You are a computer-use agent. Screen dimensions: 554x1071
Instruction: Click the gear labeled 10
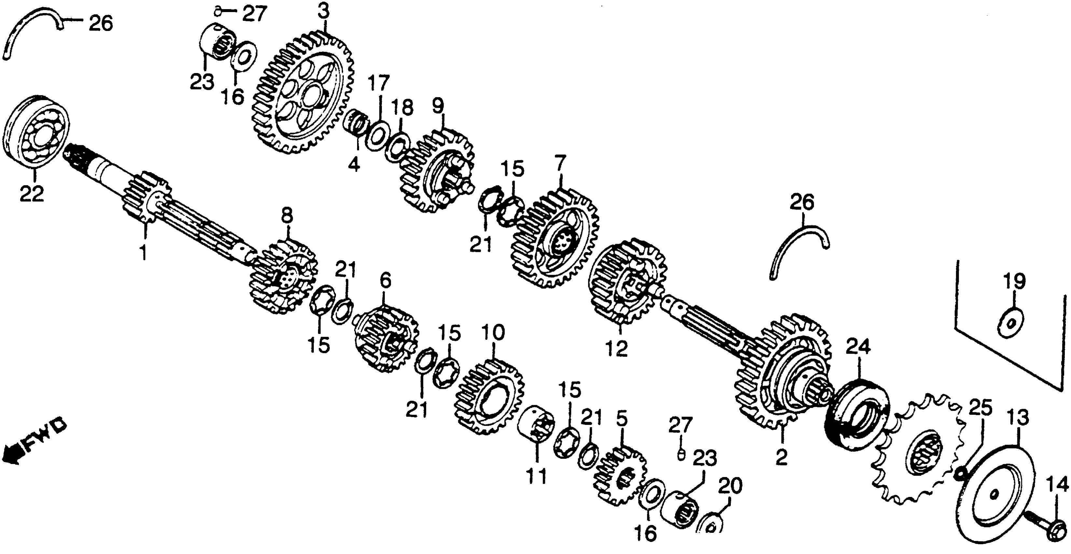491,398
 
